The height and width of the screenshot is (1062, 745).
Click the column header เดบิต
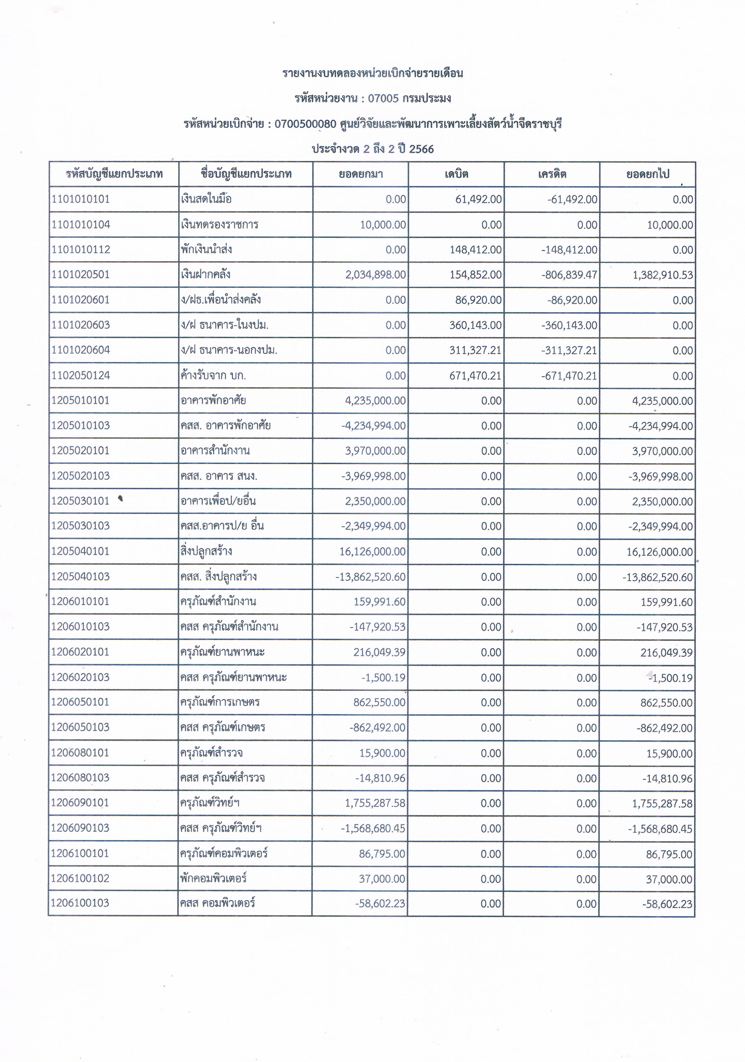coord(456,174)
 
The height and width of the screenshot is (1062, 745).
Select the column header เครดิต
coord(552,174)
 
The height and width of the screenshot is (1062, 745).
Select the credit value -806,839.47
coord(570,275)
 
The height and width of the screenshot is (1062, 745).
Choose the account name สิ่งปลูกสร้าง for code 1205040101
coord(206,551)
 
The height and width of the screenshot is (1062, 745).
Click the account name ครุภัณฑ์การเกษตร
coord(220,702)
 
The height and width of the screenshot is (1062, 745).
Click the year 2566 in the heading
coord(422,149)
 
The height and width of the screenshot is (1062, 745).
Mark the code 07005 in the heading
coord(383,99)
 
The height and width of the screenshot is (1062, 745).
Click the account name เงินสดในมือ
coord(206,199)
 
